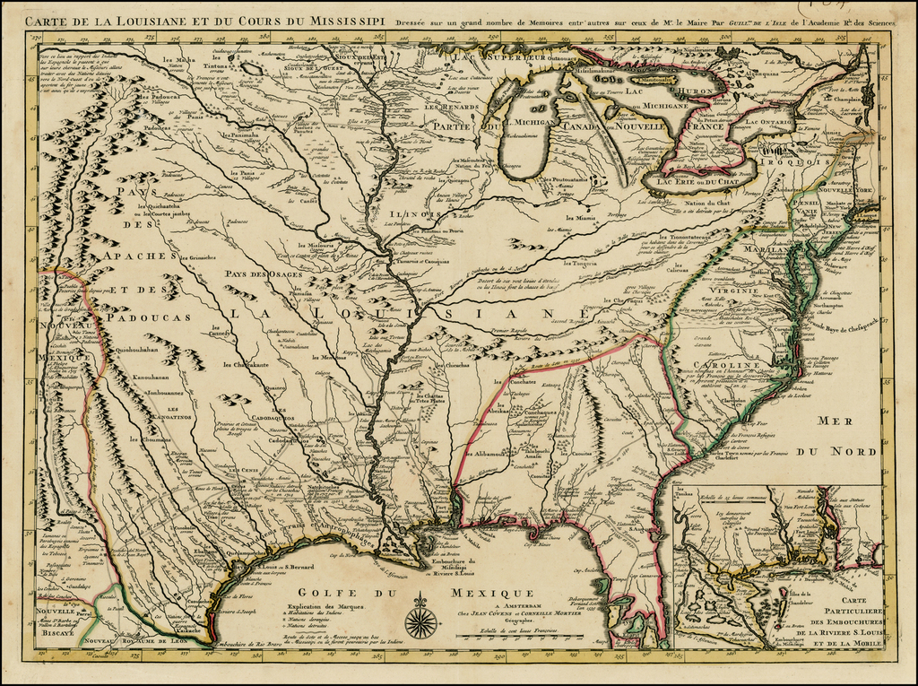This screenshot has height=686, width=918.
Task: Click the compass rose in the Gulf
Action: pyautogui.click(x=421, y=620)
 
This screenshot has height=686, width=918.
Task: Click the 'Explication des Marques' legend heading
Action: pyautogui.click(x=311, y=607)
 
